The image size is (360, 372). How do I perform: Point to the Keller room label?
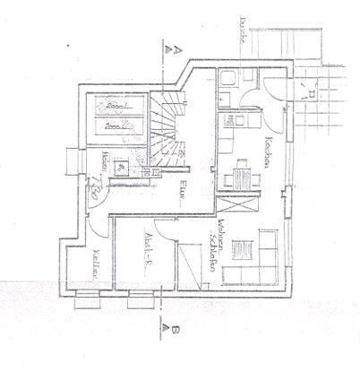point(96,262)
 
